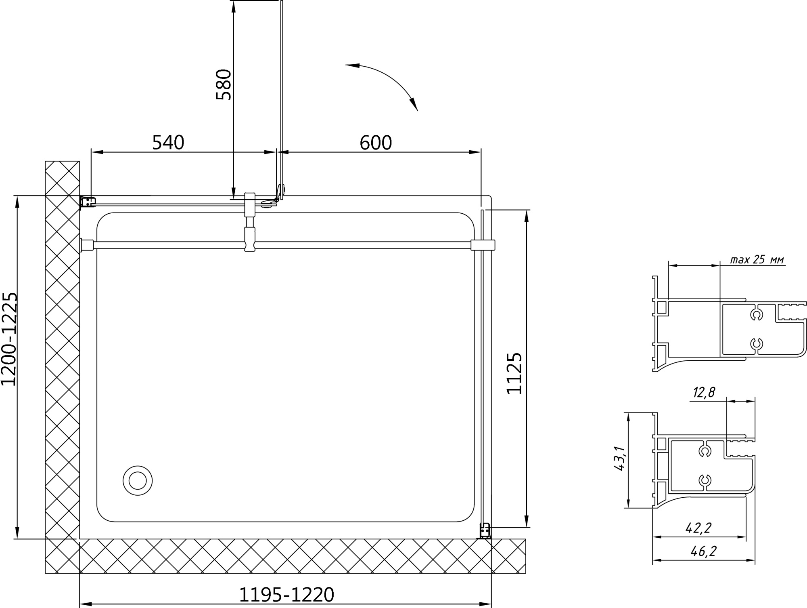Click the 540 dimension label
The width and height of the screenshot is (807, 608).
click(x=168, y=143)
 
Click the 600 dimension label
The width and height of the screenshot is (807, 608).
click(x=376, y=143)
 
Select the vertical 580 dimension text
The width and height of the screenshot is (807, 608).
click(x=224, y=84)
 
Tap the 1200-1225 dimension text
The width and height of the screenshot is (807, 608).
click(x=10, y=339)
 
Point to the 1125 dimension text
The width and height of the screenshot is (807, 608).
click(x=514, y=373)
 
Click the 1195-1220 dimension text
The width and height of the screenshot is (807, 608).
click(x=287, y=595)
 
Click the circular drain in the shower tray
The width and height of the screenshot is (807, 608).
click(x=138, y=481)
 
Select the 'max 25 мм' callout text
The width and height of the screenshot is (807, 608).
click(x=757, y=259)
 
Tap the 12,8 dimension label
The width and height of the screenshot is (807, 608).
click(x=704, y=392)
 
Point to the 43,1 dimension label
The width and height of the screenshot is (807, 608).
click(x=619, y=459)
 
